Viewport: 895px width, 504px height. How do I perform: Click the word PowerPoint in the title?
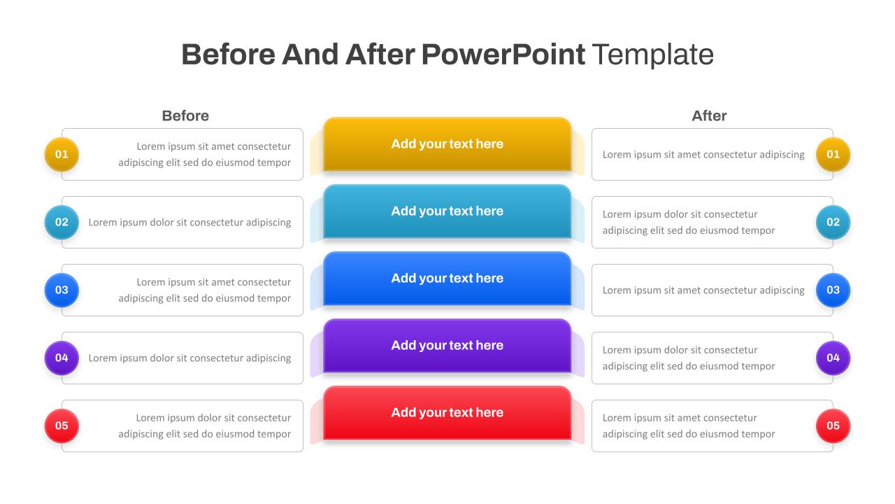pos(503,55)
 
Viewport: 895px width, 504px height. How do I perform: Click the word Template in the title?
pos(652,55)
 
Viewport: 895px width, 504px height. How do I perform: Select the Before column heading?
pos(185,115)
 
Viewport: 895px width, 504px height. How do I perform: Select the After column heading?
pos(709,115)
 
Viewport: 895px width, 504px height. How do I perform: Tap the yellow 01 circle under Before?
pos(62,155)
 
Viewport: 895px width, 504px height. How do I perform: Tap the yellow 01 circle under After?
pos(833,155)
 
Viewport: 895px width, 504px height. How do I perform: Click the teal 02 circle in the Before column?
pos(62,223)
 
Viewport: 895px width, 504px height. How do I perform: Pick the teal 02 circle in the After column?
pos(833,223)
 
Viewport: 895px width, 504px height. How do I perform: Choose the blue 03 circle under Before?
pos(62,290)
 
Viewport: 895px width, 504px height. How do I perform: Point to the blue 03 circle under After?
pos(833,290)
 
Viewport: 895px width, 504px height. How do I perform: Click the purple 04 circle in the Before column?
pos(62,358)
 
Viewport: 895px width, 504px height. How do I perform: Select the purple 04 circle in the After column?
pos(833,358)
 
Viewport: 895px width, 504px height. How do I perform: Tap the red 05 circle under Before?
pos(62,426)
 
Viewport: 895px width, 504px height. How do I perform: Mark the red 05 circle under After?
pos(833,426)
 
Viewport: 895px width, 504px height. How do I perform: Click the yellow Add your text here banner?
pos(447,144)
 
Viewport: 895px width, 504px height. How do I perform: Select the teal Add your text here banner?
pos(447,211)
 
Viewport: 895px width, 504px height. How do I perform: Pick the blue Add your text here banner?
pos(447,279)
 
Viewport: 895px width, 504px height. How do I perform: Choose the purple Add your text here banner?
pos(447,346)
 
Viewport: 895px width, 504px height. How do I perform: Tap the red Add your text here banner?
pos(447,413)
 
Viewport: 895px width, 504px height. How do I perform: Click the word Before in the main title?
pos(229,55)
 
